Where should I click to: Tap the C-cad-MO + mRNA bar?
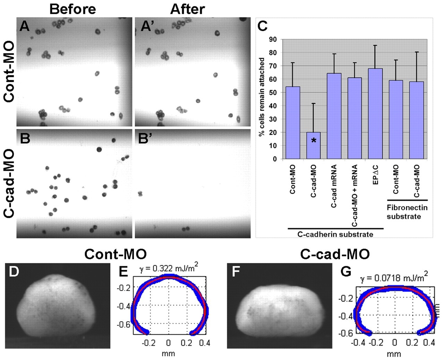(x=355, y=118)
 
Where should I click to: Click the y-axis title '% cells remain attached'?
(x=262, y=97)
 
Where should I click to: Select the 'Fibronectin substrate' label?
(x=407, y=212)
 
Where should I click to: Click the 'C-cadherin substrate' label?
(x=335, y=235)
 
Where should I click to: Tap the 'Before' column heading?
(x=72, y=9)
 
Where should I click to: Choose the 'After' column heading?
(x=188, y=9)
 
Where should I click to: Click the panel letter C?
(x=263, y=26)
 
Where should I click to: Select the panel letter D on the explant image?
(x=14, y=272)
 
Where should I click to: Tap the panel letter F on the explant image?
(x=236, y=272)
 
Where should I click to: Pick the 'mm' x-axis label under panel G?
(x=394, y=354)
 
